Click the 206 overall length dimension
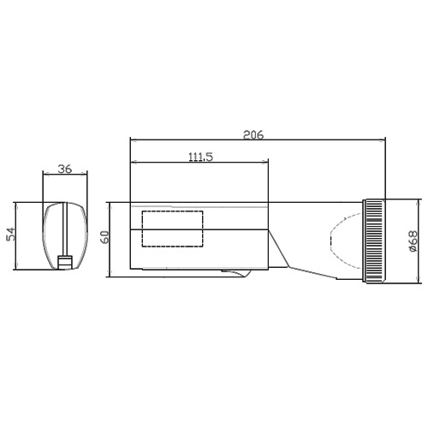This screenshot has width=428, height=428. point(253,134)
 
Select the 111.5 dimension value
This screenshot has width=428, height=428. point(201,157)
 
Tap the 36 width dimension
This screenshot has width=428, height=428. point(65,169)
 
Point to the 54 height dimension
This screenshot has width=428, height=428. point(10,234)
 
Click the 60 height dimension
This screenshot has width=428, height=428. point(105,237)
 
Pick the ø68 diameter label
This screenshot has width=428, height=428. point(413,241)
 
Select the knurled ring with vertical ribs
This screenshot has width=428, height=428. point(374,241)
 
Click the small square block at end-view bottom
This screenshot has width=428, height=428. point(65,262)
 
